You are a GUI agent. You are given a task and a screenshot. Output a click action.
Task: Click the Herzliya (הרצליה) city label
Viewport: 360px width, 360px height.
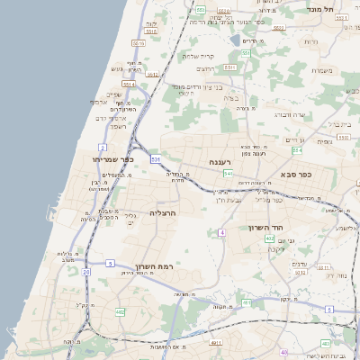pos(163,213)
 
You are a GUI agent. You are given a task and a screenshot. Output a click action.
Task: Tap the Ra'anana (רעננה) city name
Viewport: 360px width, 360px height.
pos(221,162)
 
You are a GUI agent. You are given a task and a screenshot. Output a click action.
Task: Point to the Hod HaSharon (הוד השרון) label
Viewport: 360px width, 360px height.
pos(267,228)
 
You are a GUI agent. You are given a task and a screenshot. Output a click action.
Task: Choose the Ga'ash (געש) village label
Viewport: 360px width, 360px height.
pos(117,68)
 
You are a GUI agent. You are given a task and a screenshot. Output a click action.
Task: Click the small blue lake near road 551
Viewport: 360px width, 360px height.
pos(236,40)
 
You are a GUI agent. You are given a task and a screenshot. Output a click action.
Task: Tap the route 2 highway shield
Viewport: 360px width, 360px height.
pos(103,147)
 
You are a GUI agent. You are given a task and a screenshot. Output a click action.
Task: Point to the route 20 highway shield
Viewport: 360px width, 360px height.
pos(86,271)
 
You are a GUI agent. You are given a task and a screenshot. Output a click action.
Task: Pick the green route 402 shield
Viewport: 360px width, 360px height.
pos(269,264)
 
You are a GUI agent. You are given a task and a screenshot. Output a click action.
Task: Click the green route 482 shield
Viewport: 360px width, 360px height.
pos(120,312)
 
